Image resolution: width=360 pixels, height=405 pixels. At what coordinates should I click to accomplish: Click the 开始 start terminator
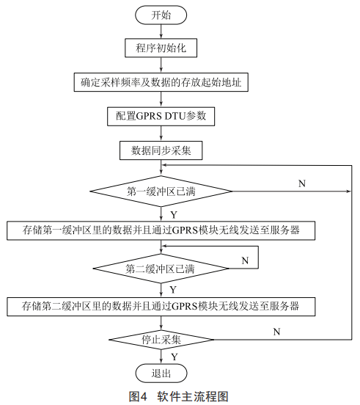[x=161, y=15]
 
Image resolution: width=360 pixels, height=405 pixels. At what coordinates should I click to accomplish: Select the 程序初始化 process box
[x=161, y=48]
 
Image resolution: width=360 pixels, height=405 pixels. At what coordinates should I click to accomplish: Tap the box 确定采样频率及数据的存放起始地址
[x=161, y=82]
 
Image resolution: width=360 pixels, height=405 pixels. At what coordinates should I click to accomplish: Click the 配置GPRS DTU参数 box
[x=161, y=117]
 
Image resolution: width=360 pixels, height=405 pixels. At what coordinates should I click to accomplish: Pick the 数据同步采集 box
[x=161, y=150]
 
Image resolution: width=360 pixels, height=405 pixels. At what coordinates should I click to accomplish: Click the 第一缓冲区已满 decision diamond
[x=161, y=191]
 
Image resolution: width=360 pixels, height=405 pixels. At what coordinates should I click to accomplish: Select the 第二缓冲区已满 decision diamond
[x=161, y=269]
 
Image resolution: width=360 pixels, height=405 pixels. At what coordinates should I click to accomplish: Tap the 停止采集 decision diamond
[x=161, y=340]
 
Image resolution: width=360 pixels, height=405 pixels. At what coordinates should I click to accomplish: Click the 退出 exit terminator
[x=161, y=373]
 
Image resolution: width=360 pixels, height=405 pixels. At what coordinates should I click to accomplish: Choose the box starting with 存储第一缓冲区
[x=161, y=230]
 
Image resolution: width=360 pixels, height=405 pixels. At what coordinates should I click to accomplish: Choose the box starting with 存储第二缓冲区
[x=161, y=307]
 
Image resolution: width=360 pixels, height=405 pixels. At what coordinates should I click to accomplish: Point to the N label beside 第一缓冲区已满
[x=302, y=183]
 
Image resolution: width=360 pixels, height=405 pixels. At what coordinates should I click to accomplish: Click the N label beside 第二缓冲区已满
[x=245, y=260]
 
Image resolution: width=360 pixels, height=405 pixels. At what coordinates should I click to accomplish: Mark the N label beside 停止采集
[x=276, y=332]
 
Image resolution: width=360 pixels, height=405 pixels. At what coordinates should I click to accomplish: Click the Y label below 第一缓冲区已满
[x=174, y=215]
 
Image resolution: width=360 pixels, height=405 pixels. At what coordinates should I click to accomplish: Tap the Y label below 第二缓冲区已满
[x=173, y=290]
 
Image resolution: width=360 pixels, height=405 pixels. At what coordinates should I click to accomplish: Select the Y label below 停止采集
[x=175, y=357]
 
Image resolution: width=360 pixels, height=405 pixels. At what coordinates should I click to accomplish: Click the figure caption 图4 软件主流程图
[x=179, y=396]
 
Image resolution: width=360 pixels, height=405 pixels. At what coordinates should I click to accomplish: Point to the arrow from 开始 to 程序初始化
[x=161, y=32]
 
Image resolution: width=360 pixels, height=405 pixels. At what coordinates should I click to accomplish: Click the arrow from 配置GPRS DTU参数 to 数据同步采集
[x=161, y=134]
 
